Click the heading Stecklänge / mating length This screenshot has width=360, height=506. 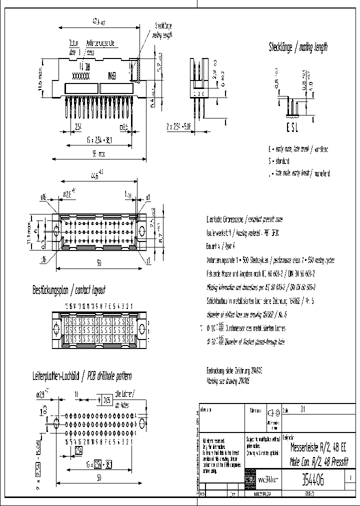pyautogui.click(x=298, y=47)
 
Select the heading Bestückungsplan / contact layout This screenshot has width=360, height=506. pyautogui.click(x=68, y=290)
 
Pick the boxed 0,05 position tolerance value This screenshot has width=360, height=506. pyautogui.click(x=107, y=399)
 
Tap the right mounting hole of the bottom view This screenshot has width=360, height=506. pyautogui.click(x=142, y=231)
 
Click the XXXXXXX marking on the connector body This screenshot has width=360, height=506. pyautogui.click(x=81, y=77)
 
